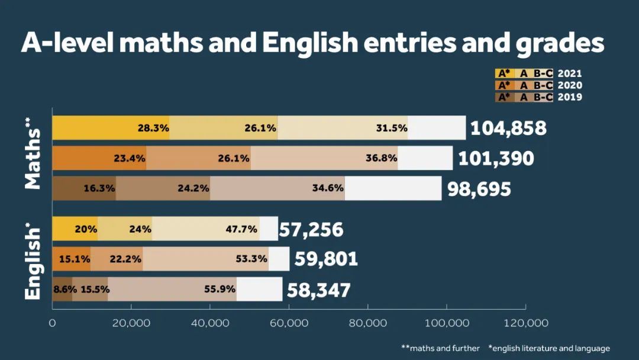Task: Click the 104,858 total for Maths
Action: [x=508, y=128]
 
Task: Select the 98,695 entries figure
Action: [x=479, y=189]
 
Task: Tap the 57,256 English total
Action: [x=311, y=230]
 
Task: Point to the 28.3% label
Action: [x=153, y=128]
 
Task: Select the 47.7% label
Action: [x=241, y=229]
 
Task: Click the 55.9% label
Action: [x=220, y=290]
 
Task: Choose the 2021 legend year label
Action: [x=570, y=74]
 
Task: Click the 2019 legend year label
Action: [x=570, y=97]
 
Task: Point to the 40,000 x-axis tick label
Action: [x=210, y=323]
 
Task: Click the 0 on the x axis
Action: [x=52, y=323]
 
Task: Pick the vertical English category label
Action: [x=34, y=261]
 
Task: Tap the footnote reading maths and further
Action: [x=440, y=348]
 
